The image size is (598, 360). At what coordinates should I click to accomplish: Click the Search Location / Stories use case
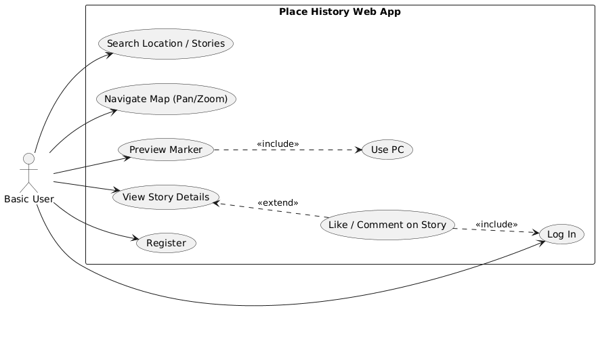(x=166, y=44)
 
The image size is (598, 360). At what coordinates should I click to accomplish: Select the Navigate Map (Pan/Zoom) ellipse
(x=166, y=99)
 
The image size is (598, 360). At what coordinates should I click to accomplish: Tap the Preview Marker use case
(x=166, y=150)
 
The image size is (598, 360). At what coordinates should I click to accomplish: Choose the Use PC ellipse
(x=387, y=150)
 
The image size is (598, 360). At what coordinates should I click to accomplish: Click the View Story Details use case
(x=166, y=197)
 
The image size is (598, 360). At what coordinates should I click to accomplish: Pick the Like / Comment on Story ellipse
(x=387, y=225)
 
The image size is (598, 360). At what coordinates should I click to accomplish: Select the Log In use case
(x=561, y=234)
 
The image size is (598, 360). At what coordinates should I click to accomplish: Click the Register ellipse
(x=167, y=243)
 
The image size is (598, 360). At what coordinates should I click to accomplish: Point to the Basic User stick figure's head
(x=28, y=158)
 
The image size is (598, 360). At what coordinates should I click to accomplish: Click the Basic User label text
(x=29, y=199)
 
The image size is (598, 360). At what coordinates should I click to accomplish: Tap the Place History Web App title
(x=340, y=12)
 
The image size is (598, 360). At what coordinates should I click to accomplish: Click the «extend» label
(x=278, y=202)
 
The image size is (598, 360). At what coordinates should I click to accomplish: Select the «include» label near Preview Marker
(x=278, y=144)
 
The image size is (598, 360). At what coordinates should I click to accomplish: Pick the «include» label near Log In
(x=496, y=225)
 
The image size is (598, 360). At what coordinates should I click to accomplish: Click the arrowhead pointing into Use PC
(x=358, y=150)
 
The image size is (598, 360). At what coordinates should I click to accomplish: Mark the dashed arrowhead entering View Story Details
(x=216, y=204)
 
